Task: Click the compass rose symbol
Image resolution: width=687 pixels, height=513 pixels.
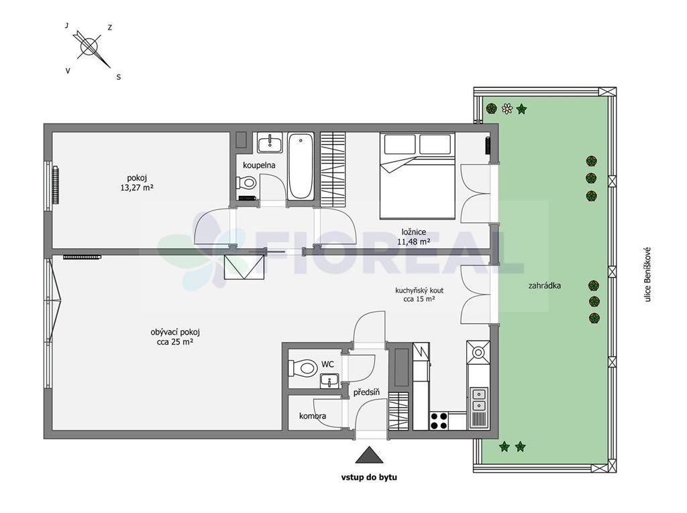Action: click(x=89, y=46)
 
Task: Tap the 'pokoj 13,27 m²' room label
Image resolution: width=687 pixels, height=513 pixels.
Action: click(x=137, y=182)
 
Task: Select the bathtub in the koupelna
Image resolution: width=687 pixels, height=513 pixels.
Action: click(x=301, y=166)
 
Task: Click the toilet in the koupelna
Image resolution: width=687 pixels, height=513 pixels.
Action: click(x=246, y=182)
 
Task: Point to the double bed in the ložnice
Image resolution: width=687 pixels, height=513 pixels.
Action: click(x=417, y=176)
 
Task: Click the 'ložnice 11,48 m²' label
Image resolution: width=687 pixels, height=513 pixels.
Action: click(x=413, y=237)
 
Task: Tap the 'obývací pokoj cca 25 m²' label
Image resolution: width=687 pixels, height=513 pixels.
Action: click(x=175, y=337)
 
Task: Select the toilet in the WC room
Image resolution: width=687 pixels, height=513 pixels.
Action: click(x=303, y=367)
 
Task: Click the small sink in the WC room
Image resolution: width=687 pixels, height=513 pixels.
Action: click(x=329, y=381)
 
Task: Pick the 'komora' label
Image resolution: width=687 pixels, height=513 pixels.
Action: click(x=313, y=416)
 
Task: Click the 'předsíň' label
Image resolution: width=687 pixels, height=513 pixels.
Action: click(x=366, y=392)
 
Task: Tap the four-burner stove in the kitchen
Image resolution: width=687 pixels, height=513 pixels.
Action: click(x=439, y=421)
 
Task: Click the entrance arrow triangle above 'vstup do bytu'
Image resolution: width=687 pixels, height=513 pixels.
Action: click(x=370, y=455)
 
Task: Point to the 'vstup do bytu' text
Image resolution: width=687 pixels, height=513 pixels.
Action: click(x=369, y=477)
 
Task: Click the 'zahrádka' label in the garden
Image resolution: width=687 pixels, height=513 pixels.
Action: click(x=544, y=286)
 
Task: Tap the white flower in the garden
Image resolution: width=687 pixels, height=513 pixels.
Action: click(x=507, y=108)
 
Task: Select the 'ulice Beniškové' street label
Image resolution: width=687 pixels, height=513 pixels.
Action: click(x=647, y=275)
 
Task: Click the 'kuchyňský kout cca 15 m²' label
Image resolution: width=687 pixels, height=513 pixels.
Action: click(x=419, y=295)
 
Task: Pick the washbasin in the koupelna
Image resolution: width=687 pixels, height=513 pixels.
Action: click(x=270, y=142)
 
